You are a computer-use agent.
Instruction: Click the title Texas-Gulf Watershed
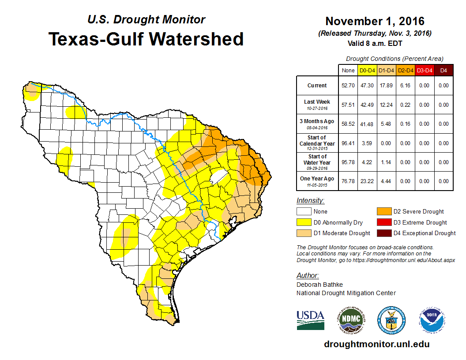pyautogui.click(x=146, y=39)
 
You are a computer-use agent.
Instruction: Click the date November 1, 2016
pyautogui.click(x=375, y=21)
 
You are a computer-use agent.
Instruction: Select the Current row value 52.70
pyautogui.click(x=348, y=86)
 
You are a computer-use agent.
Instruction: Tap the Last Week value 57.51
pyautogui.click(x=348, y=105)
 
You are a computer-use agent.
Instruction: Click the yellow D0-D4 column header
pyautogui.click(x=367, y=70)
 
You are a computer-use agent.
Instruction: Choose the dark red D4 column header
pyautogui.click(x=443, y=70)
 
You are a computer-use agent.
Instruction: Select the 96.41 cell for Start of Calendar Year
pyautogui.click(x=348, y=143)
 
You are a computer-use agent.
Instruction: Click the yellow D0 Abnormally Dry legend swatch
pyautogui.click(x=304, y=222)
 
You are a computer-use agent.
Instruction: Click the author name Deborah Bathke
pyautogui.click(x=319, y=285)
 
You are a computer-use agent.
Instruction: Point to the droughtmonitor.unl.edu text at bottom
pyautogui.click(x=376, y=344)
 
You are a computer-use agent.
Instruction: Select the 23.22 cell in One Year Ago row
pyautogui.click(x=367, y=181)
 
